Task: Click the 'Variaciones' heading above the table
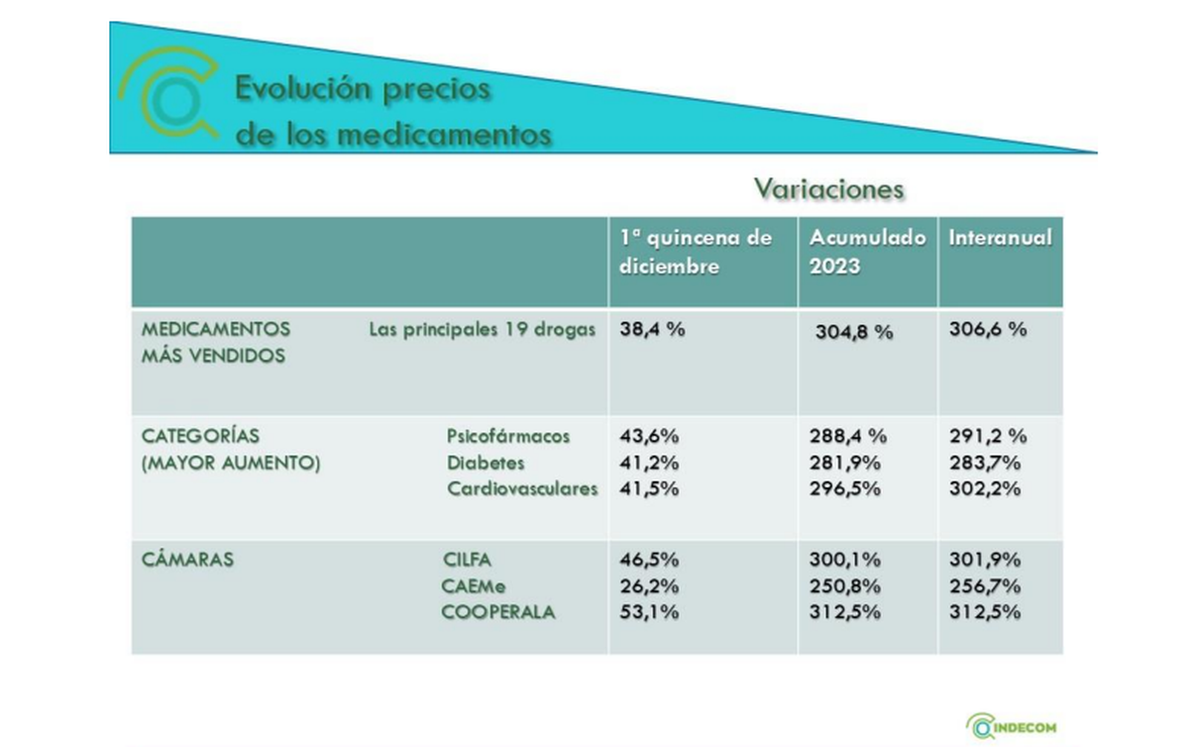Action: (x=829, y=188)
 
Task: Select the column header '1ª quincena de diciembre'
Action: (x=695, y=252)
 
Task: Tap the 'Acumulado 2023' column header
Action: (x=868, y=252)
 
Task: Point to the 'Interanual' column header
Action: (x=1000, y=238)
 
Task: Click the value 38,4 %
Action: (x=652, y=331)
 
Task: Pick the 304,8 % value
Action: (x=854, y=333)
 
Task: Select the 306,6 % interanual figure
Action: (x=988, y=331)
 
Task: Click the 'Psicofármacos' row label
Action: (x=508, y=436)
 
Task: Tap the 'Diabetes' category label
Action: (x=486, y=463)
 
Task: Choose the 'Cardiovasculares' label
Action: (x=522, y=488)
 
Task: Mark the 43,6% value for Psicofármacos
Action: (x=649, y=436)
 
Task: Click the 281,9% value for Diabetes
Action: (x=845, y=463)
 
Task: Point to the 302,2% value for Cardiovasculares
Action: (x=985, y=488)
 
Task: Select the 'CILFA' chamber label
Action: (x=467, y=560)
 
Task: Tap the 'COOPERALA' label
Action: (x=498, y=612)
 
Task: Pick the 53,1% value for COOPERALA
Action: (x=649, y=612)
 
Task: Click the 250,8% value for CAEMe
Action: (x=845, y=587)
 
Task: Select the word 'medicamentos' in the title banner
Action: (x=443, y=134)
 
